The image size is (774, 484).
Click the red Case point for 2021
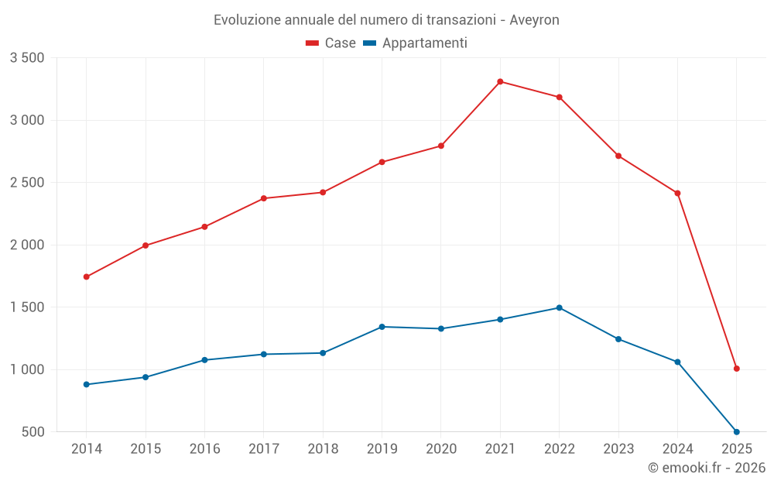500,81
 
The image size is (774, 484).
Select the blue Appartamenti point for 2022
559,307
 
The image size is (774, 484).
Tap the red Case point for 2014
86,276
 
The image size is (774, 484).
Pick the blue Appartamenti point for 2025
736,431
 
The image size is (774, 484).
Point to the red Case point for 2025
736,369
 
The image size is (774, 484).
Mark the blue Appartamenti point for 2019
382,327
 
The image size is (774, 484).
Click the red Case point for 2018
323,192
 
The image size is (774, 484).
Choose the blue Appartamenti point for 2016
204,360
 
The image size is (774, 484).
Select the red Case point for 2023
618,156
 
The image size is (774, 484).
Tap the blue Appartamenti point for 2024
677,362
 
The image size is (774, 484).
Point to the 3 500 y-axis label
27,58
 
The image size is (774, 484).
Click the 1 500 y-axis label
27,307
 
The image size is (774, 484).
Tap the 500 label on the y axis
33,432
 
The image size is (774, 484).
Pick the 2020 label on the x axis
441,449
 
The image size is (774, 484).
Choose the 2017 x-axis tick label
264,449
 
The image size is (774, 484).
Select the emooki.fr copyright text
707,468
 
